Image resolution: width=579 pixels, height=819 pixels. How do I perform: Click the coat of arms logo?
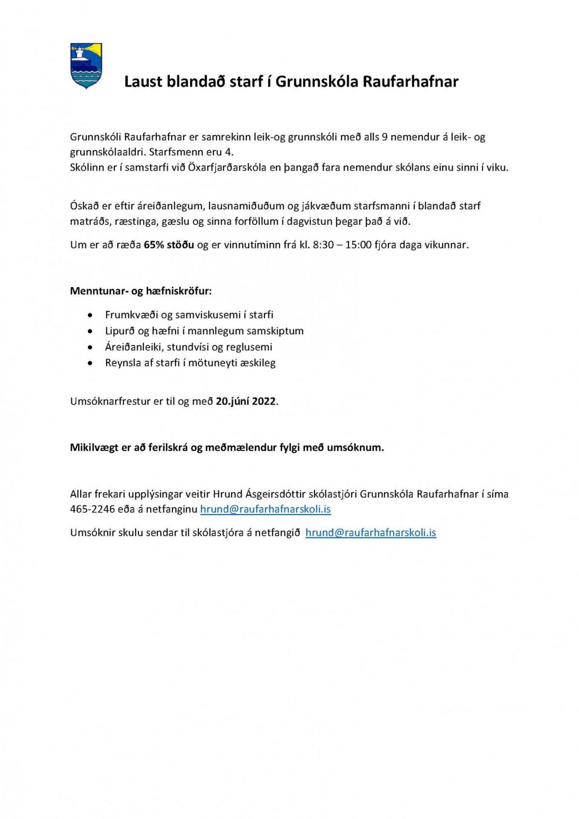click(86, 66)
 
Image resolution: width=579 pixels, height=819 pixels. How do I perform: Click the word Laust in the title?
click(143, 82)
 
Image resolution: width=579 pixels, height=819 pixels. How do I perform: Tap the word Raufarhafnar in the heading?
click(410, 82)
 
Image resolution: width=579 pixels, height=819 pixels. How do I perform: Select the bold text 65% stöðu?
click(169, 245)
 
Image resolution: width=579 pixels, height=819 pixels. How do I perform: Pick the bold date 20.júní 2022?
click(246, 401)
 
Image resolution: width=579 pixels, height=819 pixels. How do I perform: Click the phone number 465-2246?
click(93, 509)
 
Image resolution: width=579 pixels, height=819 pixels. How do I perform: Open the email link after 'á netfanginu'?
click(265, 509)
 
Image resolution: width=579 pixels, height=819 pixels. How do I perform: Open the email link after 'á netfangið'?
click(371, 533)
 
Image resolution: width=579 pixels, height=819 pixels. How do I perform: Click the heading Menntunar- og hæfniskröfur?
click(141, 291)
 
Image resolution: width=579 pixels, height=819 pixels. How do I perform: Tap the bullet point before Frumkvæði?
click(90, 315)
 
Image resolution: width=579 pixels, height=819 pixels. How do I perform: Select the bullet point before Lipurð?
click(90, 332)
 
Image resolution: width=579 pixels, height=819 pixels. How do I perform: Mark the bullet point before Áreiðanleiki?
click(90, 347)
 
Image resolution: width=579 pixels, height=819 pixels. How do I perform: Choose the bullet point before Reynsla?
click(90, 363)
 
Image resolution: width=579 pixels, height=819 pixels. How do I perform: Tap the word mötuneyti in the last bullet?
click(211, 363)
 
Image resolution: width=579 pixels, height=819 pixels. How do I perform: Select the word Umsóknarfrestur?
click(110, 401)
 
